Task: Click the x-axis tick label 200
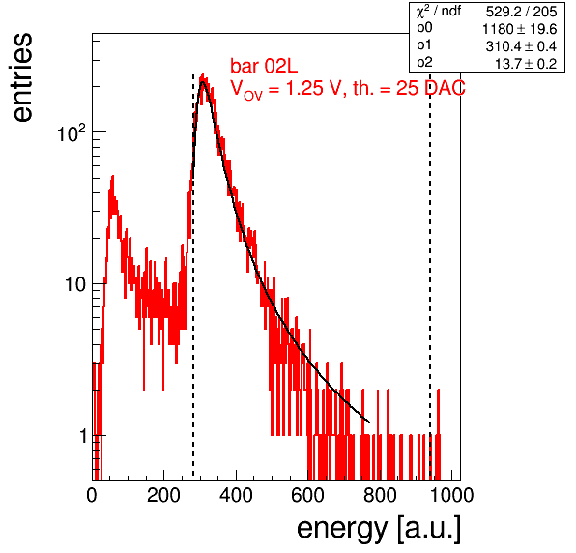[163, 495]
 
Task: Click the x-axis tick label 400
[236, 495]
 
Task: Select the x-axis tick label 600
[307, 495]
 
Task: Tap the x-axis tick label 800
[380, 495]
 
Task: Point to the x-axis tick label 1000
[451, 495]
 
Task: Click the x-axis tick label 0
[92, 495]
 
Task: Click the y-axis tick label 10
[75, 284]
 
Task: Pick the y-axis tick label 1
[83, 436]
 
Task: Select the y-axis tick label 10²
[72, 133]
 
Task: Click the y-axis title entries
[22, 77]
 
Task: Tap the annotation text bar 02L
[264, 66]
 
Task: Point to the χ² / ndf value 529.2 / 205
[521, 12]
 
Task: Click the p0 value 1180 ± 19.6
[519, 29]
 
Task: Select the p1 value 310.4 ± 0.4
[521, 46]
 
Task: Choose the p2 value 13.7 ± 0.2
[526, 64]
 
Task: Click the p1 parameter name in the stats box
[424, 46]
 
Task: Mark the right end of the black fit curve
[369, 422]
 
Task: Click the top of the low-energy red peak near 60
[113, 176]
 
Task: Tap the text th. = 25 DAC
[409, 88]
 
